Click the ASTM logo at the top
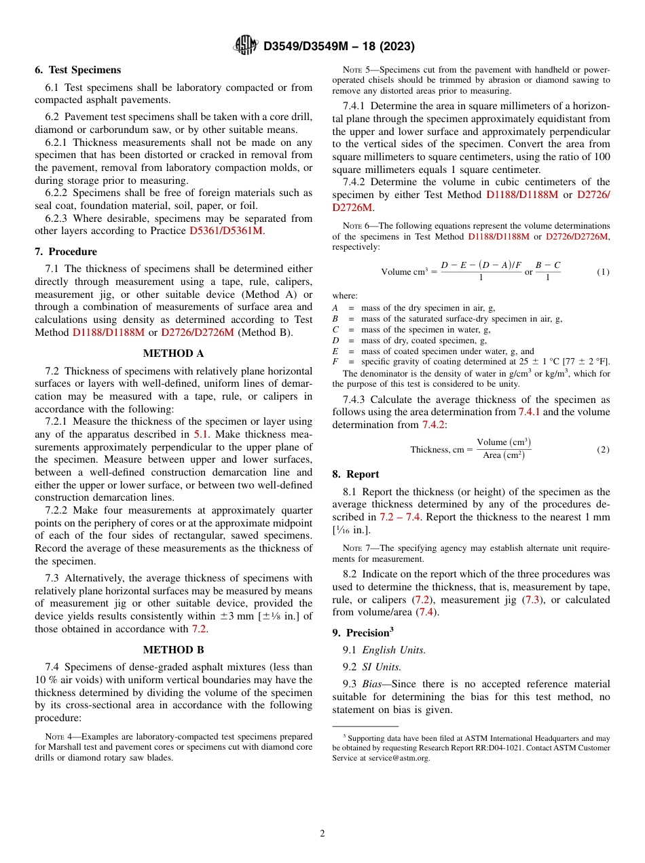pos(245,45)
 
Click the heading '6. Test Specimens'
pos(78,70)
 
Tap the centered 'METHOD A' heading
pos(173,353)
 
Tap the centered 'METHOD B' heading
pos(173,650)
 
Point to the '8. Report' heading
pos(356,474)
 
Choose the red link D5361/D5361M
pos(225,231)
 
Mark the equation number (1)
pos(603,272)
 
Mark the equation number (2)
pos(603,449)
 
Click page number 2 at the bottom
pos(322,834)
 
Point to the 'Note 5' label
pos(356,69)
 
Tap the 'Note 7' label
pos(356,548)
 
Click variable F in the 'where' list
pos(335,362)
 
